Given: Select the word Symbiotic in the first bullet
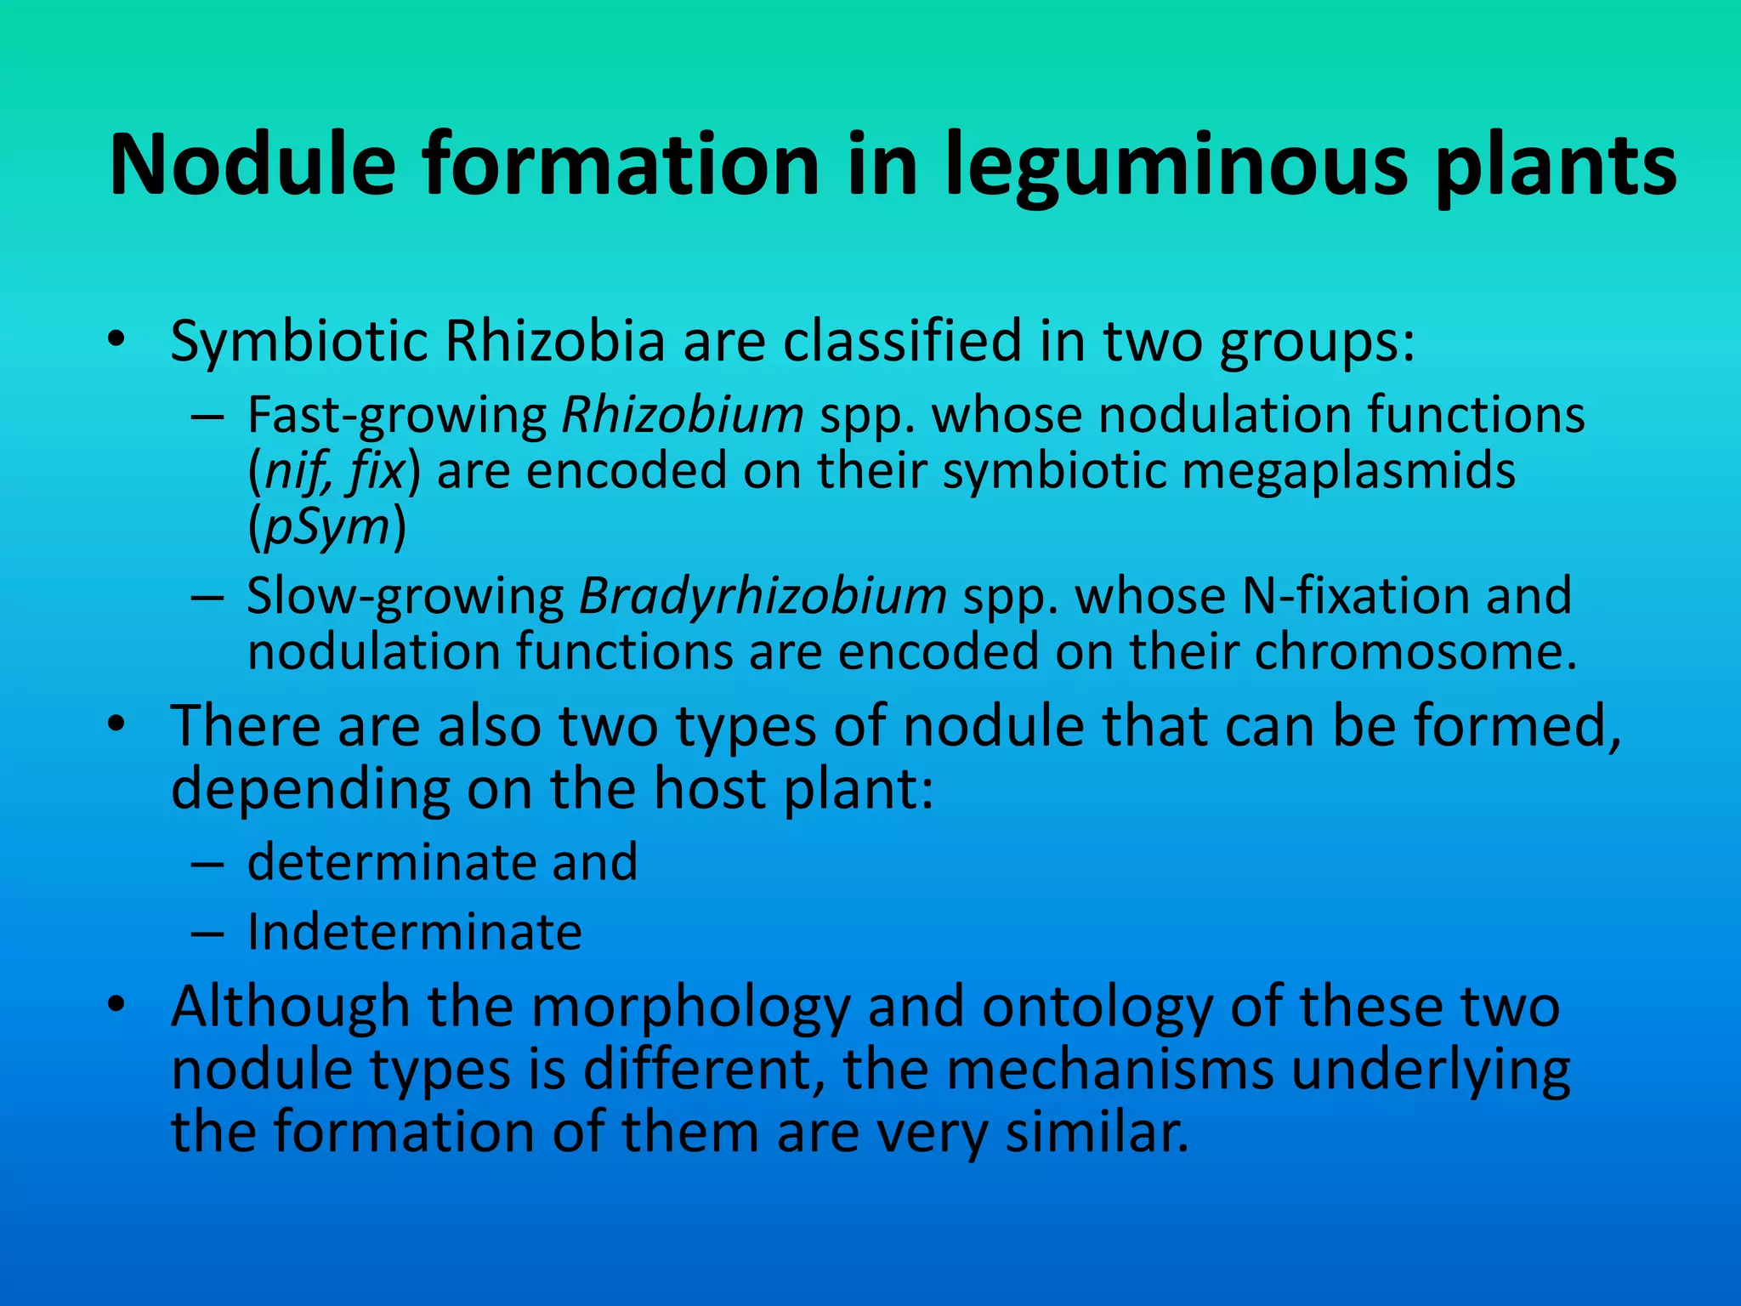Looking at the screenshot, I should coord(298,342).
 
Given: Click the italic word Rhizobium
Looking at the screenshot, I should coord(683,416).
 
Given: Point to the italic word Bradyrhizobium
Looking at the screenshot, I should coord(763,596).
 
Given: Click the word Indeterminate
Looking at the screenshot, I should coord(415,932).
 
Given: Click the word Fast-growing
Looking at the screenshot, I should coord(397,416).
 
